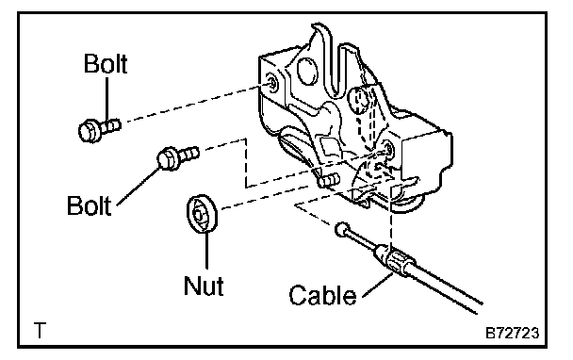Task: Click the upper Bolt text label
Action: coord(106,63)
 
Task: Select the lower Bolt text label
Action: coord(89,205)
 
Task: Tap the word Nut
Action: coord(204,285)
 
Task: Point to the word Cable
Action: coord(322,295)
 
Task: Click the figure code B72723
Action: coord(512,333)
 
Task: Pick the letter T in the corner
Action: coord(40,330)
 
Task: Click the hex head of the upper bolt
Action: coord(90,130)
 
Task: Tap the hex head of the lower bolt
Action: coord(168,158)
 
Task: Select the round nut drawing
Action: coord(202,214)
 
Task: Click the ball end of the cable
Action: coord(341,229)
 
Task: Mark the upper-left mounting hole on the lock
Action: coord(272,85)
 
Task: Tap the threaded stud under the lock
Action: coord(329,180)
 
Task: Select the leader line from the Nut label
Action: coord(207,251)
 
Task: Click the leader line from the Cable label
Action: coord(378,284)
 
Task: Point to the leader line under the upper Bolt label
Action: coord(107,98)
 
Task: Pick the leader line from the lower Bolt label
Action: coord(139,186)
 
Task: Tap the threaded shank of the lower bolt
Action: coord(188,153)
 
